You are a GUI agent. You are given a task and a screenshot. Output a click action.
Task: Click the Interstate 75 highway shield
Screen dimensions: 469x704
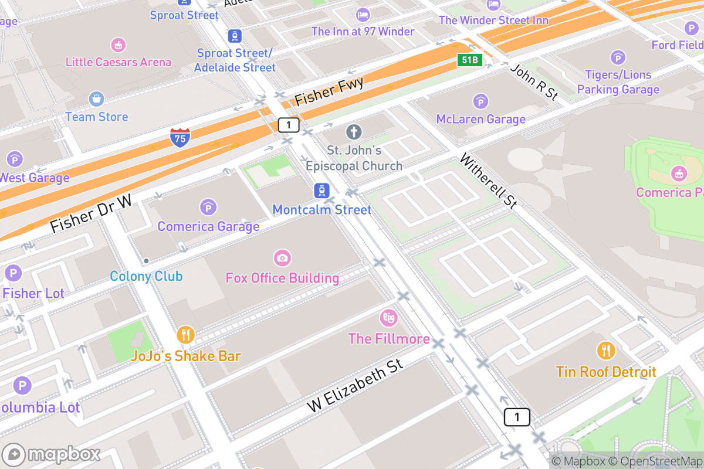pos(180,137)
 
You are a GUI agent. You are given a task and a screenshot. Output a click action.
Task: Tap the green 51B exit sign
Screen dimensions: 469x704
pos(470,60)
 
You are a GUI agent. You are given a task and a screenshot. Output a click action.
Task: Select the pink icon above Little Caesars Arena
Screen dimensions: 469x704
pos(119,45)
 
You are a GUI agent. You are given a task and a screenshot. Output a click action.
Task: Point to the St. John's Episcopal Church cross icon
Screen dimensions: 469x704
pos(354,132)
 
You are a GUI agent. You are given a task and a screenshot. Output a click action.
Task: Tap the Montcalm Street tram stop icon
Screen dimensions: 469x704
pos(321,191)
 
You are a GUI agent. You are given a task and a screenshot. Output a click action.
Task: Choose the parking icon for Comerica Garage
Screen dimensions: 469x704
pos(208,208)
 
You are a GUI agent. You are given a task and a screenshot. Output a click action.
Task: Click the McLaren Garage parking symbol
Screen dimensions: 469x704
pos(480,101)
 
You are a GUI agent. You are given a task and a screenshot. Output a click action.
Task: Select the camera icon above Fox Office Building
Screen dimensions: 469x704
pos(282,258)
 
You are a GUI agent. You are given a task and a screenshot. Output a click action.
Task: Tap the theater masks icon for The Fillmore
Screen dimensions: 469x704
pos(388,318)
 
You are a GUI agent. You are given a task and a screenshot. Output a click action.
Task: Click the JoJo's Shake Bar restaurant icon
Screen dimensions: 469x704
pos(185,335)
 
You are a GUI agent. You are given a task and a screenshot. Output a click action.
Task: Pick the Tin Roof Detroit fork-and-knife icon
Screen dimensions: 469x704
pos(606,351)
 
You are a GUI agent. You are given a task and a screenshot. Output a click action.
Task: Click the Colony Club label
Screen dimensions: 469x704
pos(146,276)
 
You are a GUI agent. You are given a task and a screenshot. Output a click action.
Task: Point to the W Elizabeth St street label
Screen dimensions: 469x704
pos(355,386)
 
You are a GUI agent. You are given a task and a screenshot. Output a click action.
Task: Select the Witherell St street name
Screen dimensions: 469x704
pos(489,181)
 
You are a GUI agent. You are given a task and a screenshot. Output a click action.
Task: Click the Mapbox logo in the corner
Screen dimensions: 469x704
pos(52,454)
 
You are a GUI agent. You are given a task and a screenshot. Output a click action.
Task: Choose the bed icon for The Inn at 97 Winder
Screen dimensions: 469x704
pos(363,14)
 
